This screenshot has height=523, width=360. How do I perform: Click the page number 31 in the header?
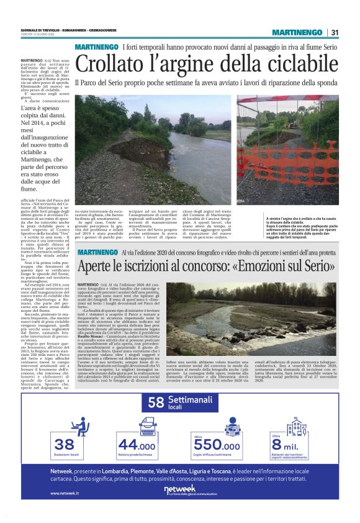(335, 32)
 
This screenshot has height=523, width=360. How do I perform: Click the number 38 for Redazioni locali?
(65, 445)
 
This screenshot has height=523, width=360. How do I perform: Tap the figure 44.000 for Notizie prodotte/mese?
(137, 445)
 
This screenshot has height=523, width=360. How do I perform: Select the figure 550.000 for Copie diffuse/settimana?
(217, 445)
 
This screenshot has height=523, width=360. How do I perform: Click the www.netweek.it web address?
(65, 493)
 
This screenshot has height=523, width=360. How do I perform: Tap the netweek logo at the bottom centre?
(180, 490)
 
